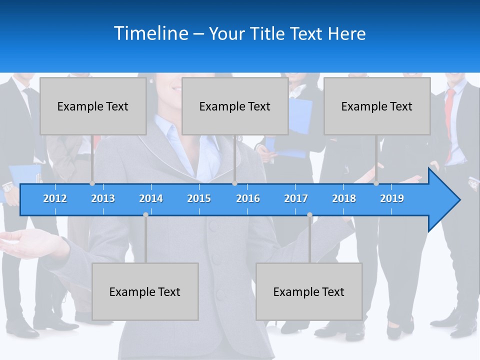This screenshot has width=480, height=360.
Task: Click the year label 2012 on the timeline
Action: tap(55, 198)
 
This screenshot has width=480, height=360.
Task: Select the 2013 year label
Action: tap(103, 198)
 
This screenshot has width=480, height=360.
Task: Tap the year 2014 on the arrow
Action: tap(151, 198)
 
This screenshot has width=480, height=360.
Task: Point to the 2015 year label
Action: tap(199, 198)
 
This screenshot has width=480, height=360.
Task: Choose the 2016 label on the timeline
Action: tap(248, 198)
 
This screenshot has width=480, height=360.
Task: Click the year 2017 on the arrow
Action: tap(296, 198)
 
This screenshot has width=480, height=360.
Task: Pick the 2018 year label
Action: tap(344, 198)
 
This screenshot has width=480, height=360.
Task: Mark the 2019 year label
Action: tap(392, 198)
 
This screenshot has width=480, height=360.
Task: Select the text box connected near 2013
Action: tap(93, 106)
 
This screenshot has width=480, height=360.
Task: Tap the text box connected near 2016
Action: tap(235, 106)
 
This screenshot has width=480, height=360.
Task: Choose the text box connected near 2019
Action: tap(377, 106)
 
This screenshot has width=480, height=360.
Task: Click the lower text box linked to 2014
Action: tap(145, 291)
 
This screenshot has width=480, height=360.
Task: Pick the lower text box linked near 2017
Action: tap(309, 291)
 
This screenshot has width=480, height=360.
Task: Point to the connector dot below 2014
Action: tap(145, 214)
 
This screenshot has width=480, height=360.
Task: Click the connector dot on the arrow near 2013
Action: tap(92, 183)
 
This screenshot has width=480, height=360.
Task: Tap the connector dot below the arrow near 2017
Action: tap(309, 214)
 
